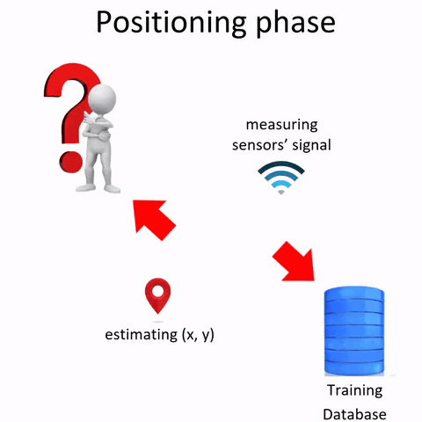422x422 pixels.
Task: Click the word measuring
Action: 282,125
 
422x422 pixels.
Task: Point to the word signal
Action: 313,144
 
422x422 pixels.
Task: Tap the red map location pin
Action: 157,296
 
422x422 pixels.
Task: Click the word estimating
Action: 139,335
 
